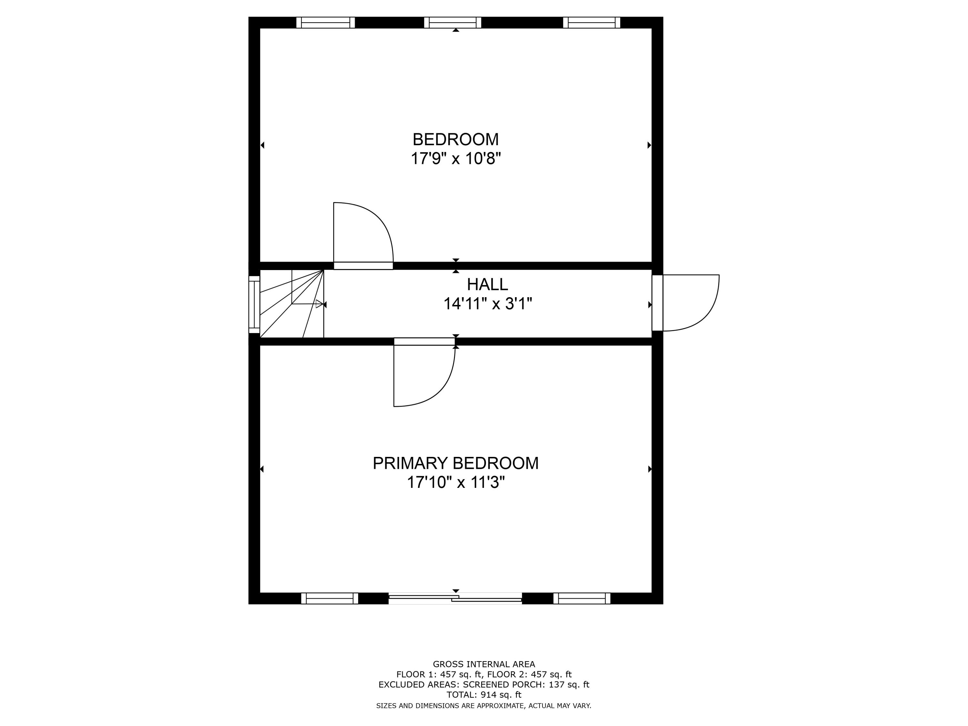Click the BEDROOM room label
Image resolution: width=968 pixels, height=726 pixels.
pyautogui.click(x=456, y=140)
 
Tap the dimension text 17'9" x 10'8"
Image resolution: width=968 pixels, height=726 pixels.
pyautogui.click(x=456, y=158)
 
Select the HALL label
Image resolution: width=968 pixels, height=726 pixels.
pyautogui.click(x=488, y=285)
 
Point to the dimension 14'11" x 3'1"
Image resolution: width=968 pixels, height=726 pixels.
pyautogui.click(x=488, y=303)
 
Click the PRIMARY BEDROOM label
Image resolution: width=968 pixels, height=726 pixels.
pyautogui.click(x=456, y=463)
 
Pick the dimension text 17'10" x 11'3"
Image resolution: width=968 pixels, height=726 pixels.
pyautogui.click(x=456, y=482)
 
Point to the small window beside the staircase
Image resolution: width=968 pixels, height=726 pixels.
pyautogui.click(x=254, y=304)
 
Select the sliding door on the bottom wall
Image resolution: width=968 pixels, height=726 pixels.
pyautogui.click(x=455, y=598)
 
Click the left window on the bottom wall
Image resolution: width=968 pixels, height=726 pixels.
pyautogui.click(x=329, y=598)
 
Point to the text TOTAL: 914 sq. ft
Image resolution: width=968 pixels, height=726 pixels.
pyautogui.click(x=484, y=694)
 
